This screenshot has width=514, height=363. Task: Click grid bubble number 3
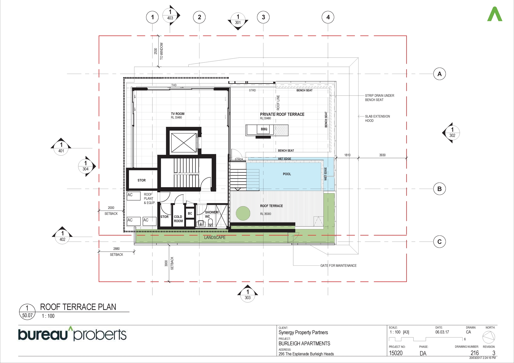click(263, 17)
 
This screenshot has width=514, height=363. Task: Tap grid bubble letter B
click(439, 189)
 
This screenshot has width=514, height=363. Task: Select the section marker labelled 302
click(451, 133)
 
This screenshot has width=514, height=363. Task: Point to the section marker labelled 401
click(61, 147)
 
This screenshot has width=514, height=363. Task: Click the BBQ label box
click(264, 129)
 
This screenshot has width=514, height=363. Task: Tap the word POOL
click(287, 174)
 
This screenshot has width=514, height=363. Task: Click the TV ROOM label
click(178, 114)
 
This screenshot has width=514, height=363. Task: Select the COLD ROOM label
click(178, 219)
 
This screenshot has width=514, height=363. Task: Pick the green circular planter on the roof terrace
click(243, 213)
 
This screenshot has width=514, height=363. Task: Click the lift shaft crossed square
click(183, 143)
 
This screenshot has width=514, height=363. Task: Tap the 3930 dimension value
click(382, 155)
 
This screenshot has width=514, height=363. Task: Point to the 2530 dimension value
click(155, 51)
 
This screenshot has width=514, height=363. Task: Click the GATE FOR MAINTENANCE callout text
click(338, 265)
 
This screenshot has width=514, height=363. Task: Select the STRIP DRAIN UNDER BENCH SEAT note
click(380, 98)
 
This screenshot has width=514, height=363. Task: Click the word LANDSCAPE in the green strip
click(215, 237)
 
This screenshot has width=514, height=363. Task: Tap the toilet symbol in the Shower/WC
click(210, 223)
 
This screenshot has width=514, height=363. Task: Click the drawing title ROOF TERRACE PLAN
click(78, 307)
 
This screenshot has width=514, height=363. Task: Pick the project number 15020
click(396, 353)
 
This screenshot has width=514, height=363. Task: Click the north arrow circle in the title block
click(489, 337)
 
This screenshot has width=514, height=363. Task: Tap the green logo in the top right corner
click(495, 14)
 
